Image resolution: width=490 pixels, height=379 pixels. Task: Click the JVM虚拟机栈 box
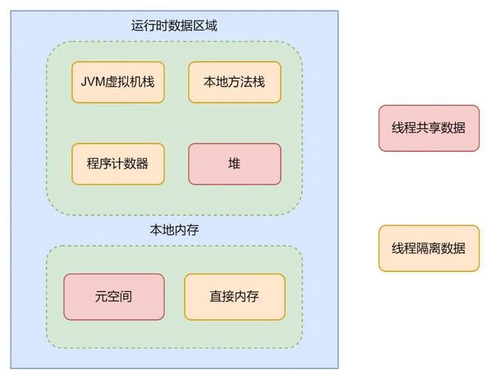(118, 82)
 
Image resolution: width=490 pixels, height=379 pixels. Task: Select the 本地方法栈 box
(234, 82)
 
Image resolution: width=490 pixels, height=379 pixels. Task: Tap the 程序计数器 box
(118, 164)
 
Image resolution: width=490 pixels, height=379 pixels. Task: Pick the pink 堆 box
(234, 164)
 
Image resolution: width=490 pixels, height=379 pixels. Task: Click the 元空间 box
(114, 296)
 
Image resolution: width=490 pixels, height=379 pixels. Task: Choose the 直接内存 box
(234, 296)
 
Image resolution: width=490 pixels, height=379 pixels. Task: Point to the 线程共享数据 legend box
(429, 128)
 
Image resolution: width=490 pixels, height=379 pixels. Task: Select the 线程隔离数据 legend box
(429, 248)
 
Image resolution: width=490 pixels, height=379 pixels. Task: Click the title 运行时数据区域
(174, 26)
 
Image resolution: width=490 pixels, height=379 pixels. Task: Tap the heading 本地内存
(174, 230)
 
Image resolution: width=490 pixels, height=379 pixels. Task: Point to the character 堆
(234, 164)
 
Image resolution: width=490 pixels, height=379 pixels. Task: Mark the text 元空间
(114, 296)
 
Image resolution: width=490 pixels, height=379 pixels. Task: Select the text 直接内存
(234, 296)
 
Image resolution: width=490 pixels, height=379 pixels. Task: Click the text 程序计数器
(118, 164)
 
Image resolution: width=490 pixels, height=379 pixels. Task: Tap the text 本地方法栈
(234, 82)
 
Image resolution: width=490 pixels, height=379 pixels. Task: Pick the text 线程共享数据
(429, 128)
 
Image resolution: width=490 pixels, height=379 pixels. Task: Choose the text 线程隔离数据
(429, 248)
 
